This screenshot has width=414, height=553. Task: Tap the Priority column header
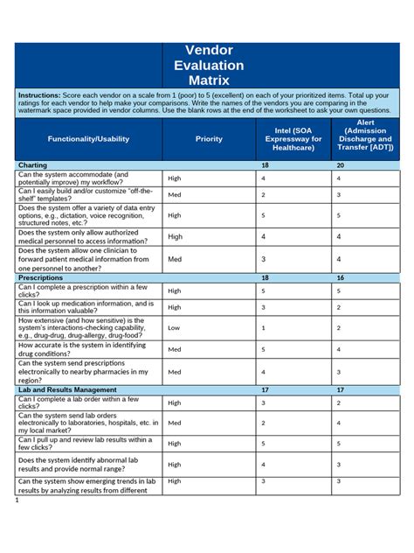coord(209,138)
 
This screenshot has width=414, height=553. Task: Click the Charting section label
coord(34,164)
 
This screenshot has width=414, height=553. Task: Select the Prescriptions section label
coord(41,276)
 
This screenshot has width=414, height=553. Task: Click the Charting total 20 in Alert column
coord(341,164)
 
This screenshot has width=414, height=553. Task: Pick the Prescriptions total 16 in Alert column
coord(341,276)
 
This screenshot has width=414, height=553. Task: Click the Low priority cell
coord(174,328)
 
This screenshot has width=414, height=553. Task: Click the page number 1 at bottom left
coord(17,503)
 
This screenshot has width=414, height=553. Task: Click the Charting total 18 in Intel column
coord(265,164)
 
